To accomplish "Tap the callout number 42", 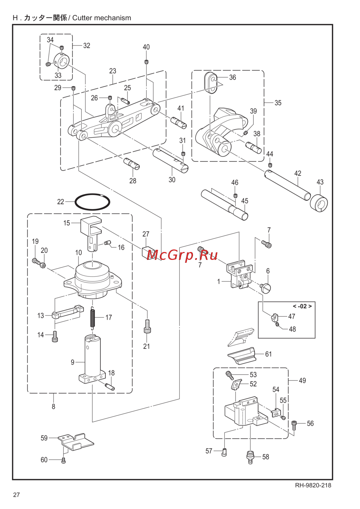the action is [x=297, y=174].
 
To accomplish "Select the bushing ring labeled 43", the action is [x=319, y=203].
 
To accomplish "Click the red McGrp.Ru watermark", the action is [x=182, y=256].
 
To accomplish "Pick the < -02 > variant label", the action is [x=302, y=306].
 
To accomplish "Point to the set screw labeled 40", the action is [x=147, y=62].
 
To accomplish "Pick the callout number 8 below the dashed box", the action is [x=53, y=406].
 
